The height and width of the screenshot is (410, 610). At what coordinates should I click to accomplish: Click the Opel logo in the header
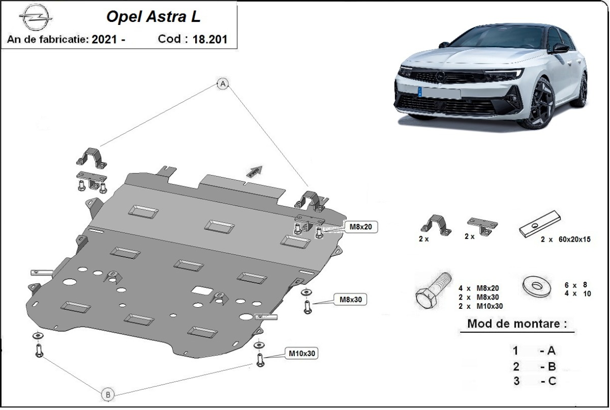coord(36,18)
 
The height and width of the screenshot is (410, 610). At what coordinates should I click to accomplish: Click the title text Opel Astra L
coord(153,16)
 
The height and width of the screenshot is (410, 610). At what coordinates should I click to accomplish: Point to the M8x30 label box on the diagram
coord(350,299)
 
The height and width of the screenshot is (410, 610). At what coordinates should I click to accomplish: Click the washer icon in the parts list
coord(537,286)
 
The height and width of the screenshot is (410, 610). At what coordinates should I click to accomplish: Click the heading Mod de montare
coord(516,324)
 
